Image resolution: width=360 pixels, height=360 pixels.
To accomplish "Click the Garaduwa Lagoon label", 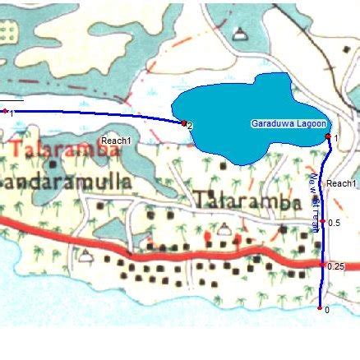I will (288, 123).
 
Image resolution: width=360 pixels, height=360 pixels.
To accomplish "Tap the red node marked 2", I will (183, 123).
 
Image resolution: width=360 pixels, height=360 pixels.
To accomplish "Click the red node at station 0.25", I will (321, 265).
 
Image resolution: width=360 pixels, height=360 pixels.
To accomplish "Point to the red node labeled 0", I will (320, 308).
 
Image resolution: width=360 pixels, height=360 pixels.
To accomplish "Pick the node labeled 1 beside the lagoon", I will (328, 136).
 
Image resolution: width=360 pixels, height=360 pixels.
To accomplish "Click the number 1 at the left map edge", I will (12, 112).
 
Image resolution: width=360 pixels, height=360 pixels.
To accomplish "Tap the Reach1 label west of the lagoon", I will (116, 141).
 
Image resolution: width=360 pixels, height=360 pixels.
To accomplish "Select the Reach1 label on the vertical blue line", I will (341, 182).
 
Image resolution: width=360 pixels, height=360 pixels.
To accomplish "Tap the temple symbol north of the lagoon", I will (239, 34).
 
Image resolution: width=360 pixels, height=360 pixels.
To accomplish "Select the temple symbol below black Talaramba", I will (224, 232).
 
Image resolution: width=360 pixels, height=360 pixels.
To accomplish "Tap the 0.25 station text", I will (335, 266).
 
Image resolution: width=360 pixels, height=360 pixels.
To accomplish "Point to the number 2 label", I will (190, 126).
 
